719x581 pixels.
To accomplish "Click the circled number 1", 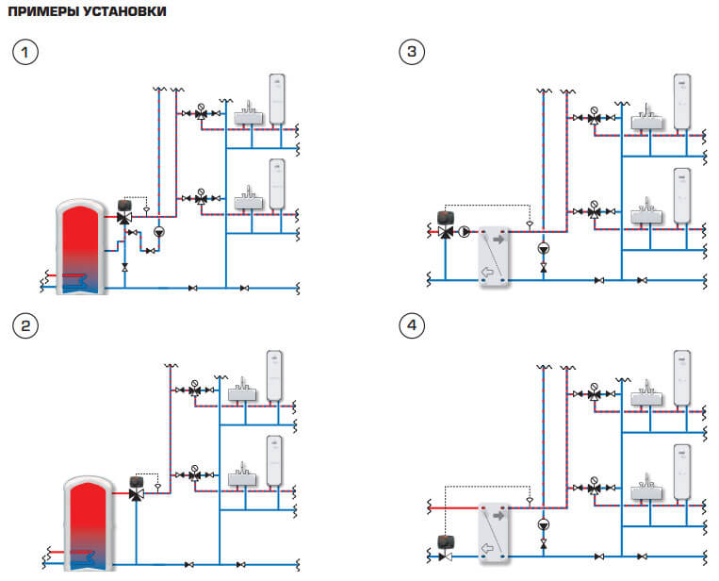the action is (25, 52).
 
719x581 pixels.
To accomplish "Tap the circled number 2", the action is (25, 325).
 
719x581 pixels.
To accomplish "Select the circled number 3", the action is (412, 51).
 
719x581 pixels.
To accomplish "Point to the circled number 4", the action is (412, 325).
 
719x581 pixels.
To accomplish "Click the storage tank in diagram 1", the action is (81, 246).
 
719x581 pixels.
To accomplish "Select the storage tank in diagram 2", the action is (89, 523).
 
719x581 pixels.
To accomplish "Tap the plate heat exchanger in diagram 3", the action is (494, 257).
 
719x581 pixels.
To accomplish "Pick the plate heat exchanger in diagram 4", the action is (494, 532).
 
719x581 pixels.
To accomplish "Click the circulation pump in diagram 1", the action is (158, 232).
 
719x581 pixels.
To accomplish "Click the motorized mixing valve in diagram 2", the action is (137, 489).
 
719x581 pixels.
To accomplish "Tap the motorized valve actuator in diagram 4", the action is (446, 542).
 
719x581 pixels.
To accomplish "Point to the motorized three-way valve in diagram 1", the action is (124, 212).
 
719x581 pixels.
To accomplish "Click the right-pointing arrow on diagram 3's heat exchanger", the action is (498, 240).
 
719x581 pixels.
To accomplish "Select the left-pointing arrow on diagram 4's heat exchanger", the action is (487, 548).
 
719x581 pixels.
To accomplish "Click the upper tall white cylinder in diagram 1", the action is (276, 99).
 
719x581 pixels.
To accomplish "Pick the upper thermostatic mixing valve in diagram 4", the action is (595, 392).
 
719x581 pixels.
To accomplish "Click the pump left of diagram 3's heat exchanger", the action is (465, 232).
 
